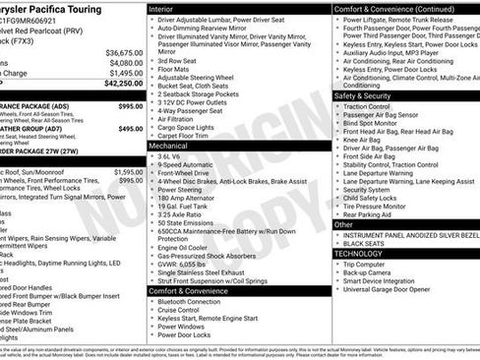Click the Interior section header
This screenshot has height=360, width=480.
point(162,9)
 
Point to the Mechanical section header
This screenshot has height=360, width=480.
point(169,145)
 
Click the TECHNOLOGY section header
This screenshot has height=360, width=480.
point(359,253)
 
